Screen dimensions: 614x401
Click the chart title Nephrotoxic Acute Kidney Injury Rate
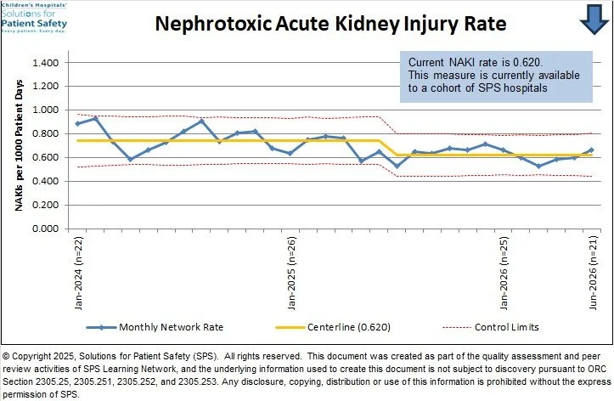pyautogui.click(x=330, y=24)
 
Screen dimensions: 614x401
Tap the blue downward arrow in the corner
pyautogui.click(x=594, y=20)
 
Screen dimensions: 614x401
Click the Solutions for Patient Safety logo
pyautogui.click(x=34, y=18)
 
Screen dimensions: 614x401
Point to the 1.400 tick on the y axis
pyautogui.click(x=45, y=63)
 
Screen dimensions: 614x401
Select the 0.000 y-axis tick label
pyautogui.click(x=45, y=229)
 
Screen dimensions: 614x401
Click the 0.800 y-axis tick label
pyautogui.click(x=45, y=134)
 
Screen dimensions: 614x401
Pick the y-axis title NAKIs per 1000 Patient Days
pyautogui.click(x=20, y=145)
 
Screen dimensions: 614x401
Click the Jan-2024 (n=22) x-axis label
pyautogui.click(x=78, y=273)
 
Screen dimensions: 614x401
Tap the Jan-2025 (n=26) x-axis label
pyautogui.click(x=291, y=273)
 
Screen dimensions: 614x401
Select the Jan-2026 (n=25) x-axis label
pyautogui.click(x=504, y=273)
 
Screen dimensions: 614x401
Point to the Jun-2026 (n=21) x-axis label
pyautogui.click(x=593, y=273)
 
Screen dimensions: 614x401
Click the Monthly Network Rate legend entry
pyautogui.click(x=155, y=327)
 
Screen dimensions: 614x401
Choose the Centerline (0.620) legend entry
pyautogui.click(x=333, y=327)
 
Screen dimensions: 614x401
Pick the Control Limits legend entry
pyautogui.click(x=491, y=327)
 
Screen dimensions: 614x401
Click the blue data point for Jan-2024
pyautogui.click(x=77, y=124)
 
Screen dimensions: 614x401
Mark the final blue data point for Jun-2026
pyautogui.click(x=591, y=150)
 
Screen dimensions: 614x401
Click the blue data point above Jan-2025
pyautogui.click(x=290, y=154)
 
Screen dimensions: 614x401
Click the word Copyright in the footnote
pyautogui.click(x=31, y=357)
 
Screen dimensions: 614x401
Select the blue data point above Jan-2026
pyautogui.click(x=504, y=150)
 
